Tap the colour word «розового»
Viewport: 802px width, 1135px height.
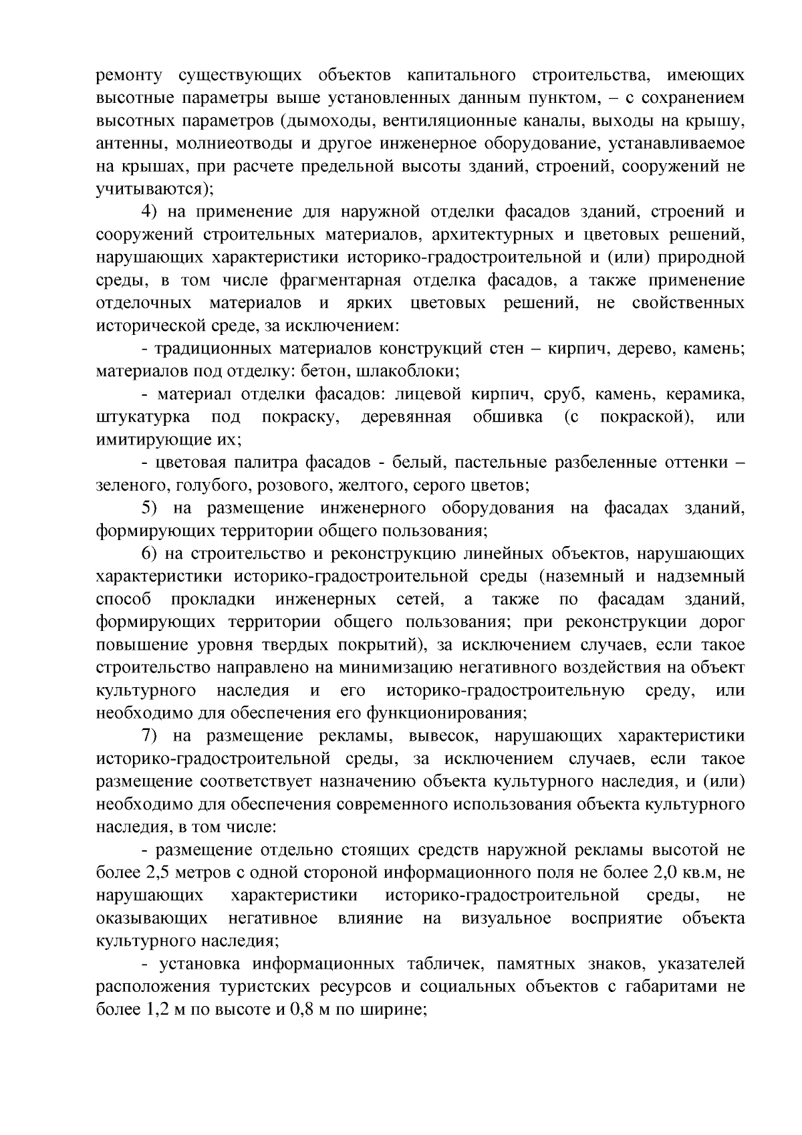click(x=295, y=485)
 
